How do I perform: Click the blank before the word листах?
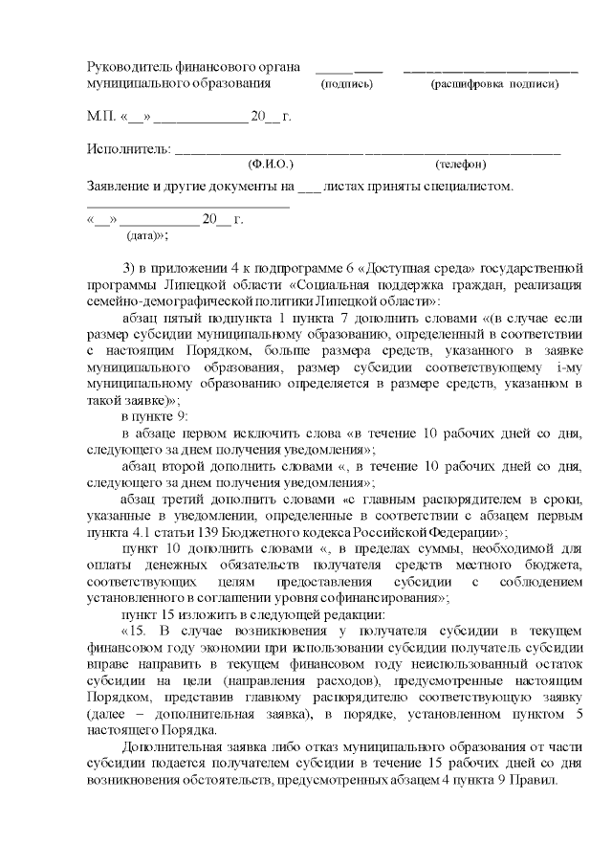(309, 186)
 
